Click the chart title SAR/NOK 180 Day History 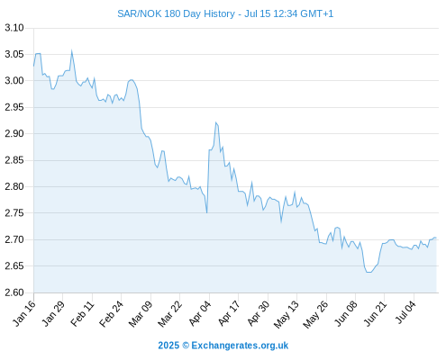tap(176, 13)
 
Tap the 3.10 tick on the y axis tap(14, 28)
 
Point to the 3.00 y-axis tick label tap(14, 80)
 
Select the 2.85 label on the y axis tap(14, 160)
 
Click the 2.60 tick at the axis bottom tap(14, 292)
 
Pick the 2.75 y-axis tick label tap(14, 213)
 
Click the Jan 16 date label tap(24, 313)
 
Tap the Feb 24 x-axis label tap(112, 313)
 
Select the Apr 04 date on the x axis tap(200, 313)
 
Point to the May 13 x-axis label tap(287, 314)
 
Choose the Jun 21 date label tap(375, 313)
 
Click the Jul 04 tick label tap(405, 312)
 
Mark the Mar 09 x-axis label tap(141, 313)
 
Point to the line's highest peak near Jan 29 tap(71, 50)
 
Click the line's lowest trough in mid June tap(369, 272)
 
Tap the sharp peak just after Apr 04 tap(215, 122)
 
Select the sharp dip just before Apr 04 tap(207, 212)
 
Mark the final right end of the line tap(436, 238)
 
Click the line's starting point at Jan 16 tap(33, 66)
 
